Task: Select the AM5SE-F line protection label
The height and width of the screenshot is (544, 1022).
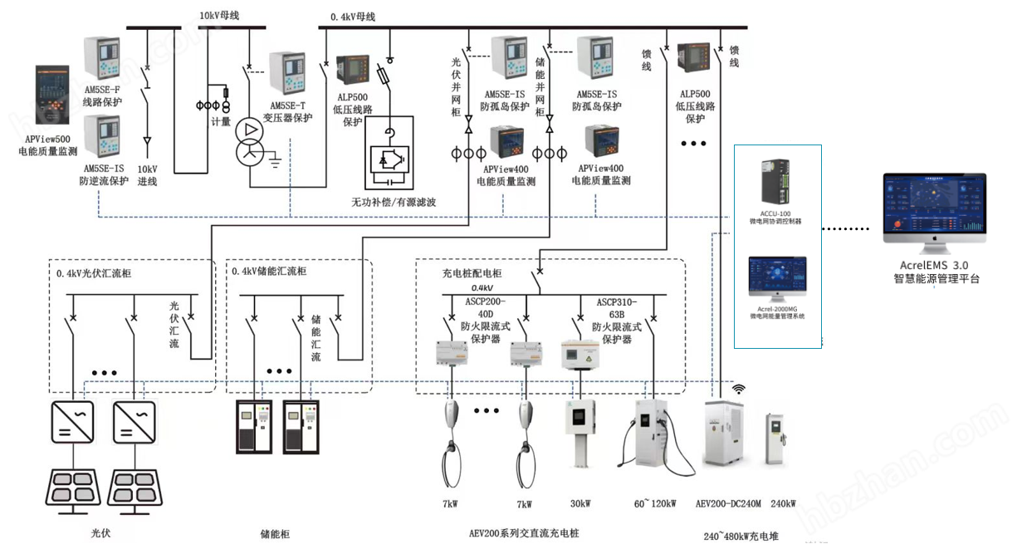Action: (x=102, y=97)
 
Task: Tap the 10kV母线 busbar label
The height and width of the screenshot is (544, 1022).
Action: (x=218, y=15)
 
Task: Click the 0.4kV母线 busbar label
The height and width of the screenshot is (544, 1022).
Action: (x=353, y=17)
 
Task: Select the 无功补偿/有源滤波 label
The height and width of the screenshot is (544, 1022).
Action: (x=394, y=202)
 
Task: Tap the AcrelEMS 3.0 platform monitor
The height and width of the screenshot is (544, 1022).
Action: (x=934, y=212)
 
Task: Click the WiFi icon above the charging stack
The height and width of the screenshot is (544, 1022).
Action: (x=738, y=390)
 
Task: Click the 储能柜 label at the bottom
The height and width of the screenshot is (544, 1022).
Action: (x=276, y=534)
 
